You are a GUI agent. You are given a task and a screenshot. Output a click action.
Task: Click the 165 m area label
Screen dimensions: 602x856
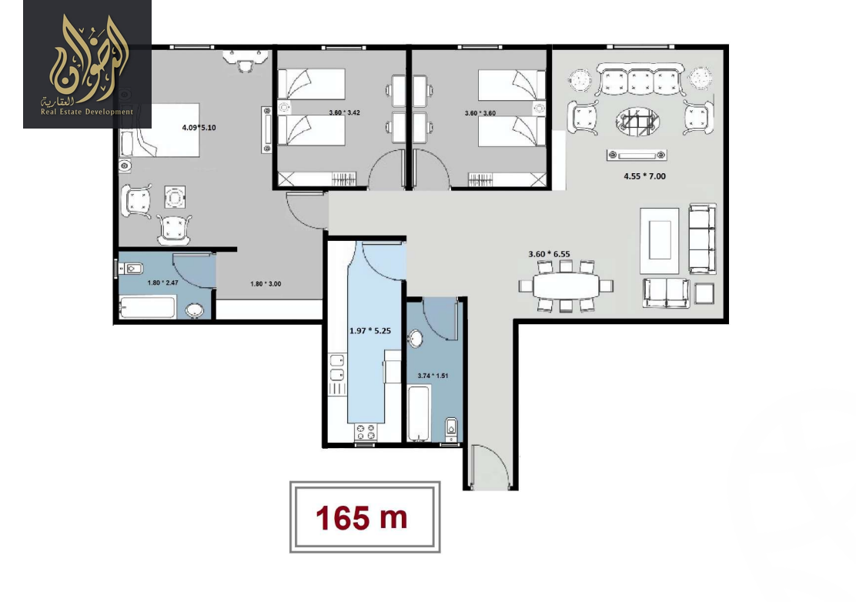[x=361, y=518]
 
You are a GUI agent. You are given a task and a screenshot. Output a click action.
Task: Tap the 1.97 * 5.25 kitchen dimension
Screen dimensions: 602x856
[x=371, y=331]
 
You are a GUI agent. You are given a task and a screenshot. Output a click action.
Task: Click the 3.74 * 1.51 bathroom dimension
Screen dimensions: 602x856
[x=432, y=376]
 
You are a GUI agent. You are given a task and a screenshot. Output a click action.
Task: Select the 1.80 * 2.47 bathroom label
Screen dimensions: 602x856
[x=162, y=283]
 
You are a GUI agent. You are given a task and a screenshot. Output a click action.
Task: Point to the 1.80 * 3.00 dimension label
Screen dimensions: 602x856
[x=266, y=284]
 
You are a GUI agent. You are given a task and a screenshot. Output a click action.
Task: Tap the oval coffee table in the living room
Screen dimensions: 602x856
[x=635, y=122]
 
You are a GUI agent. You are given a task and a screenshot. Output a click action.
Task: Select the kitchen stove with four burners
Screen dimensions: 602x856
[x=366, y=433]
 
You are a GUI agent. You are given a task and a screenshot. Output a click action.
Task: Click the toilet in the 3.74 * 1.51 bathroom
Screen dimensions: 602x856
[x=452, y=426]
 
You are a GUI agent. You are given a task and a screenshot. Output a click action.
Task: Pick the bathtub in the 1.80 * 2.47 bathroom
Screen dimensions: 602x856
[x=149, y=309]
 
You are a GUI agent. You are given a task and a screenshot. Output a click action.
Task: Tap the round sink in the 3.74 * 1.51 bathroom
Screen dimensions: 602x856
[x=416, y=339]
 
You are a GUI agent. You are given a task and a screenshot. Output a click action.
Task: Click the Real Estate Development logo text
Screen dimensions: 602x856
[x=87, y=112]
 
